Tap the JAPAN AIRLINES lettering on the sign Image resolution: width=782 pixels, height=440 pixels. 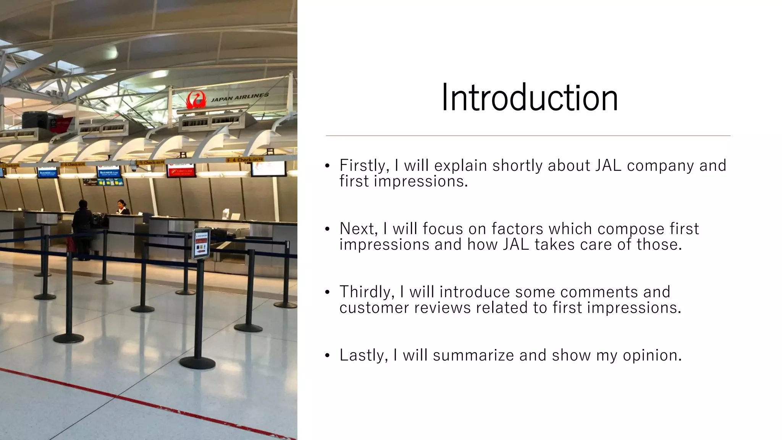[x=240, y=97]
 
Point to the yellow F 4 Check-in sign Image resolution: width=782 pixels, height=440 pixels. [x=245, y=160]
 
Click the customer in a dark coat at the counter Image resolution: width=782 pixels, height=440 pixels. [x=82, y=229]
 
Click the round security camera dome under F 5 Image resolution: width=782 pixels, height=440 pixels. [x=133, y=168]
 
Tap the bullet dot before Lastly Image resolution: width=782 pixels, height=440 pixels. [x=327, y=356]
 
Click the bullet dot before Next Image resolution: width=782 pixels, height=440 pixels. [x=327, y=229]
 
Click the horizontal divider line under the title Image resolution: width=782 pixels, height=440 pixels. [x=528, y=136]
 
